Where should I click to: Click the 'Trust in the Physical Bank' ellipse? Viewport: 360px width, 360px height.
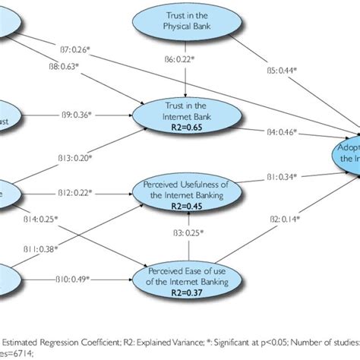180,24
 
